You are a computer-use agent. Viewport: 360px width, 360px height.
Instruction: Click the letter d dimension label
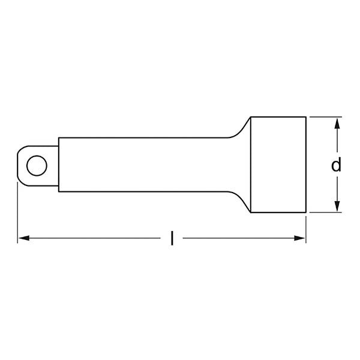click(337, 164)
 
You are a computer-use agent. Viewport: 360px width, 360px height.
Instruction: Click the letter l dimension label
click(172, 239)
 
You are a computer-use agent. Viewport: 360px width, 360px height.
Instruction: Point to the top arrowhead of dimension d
click(337, 122)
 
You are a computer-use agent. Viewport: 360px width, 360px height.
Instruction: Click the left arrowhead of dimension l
click(22, 239)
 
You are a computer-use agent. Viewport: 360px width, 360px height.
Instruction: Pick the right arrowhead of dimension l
click(302, 239)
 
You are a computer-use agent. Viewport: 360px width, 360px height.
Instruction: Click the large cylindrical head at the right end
click(278, 164)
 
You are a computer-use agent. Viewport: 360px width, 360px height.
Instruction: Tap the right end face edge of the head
click(307, 164)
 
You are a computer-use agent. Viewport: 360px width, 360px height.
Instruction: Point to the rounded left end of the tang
click(18, 164)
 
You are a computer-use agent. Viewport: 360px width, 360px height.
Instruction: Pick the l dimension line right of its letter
click(240, 239)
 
